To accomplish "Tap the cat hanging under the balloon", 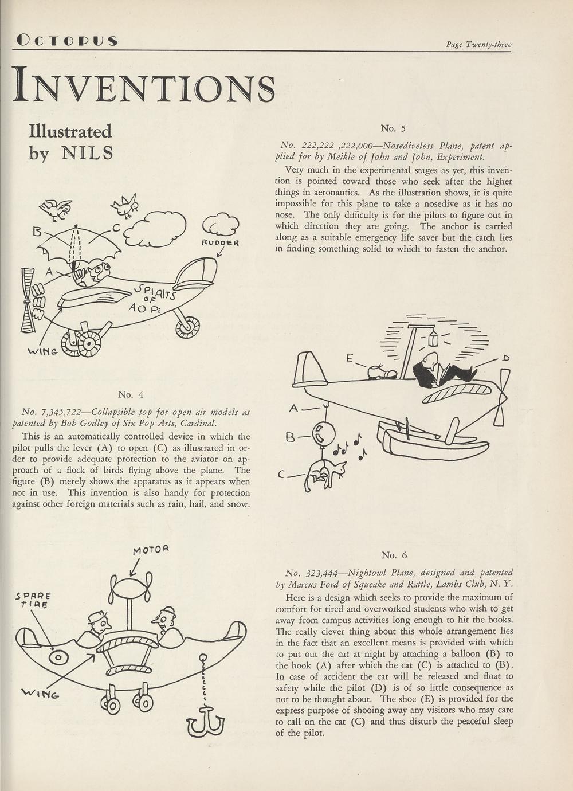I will [x=325, y=475].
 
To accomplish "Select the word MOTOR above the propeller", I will [x=151, y=550].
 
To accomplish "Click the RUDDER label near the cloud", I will [x=219, y=242].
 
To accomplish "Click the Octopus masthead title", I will [x=68, y=41].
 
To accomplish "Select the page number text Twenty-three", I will [x=488, y=45].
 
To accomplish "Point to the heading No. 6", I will [x=394, y=555].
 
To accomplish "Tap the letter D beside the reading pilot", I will [x=505, y=358].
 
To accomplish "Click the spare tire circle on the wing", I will [x=58, y=657].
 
